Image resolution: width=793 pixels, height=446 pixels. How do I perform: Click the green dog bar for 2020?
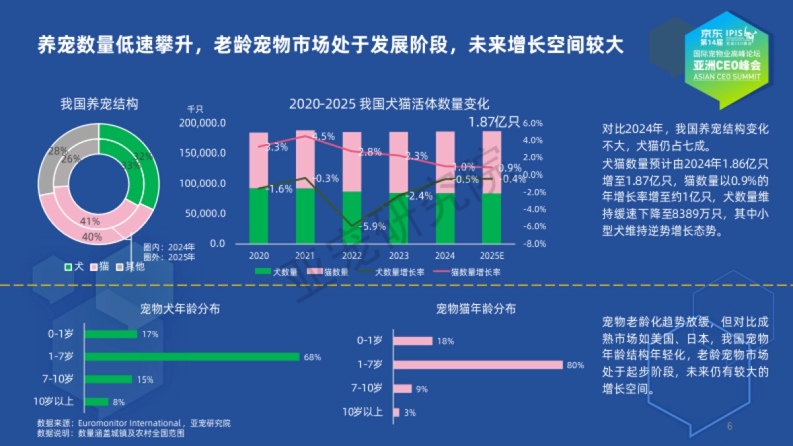(258, 216)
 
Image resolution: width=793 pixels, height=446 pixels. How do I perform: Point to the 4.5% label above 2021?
(323, 136)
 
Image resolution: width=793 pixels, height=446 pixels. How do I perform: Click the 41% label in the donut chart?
(90, 221)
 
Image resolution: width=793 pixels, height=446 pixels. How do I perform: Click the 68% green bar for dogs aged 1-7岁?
(192, 357)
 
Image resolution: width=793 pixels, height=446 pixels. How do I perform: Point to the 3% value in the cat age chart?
(410, 412)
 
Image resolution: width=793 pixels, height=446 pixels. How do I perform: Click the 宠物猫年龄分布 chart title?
(476, 309)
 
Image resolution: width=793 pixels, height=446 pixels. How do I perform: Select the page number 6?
(730, 426)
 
